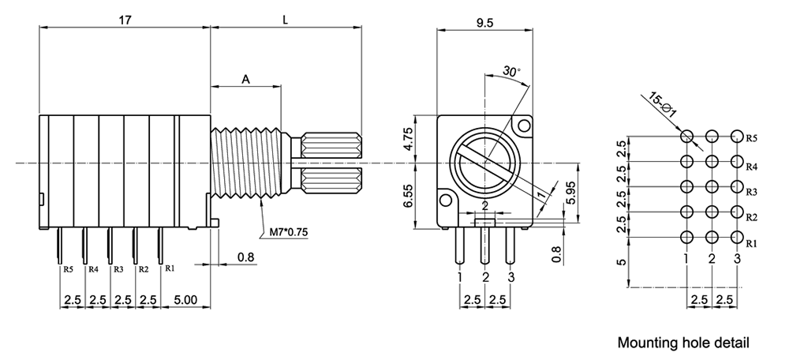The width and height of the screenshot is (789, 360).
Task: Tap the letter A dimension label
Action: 245,79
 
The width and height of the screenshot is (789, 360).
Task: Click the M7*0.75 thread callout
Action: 288,232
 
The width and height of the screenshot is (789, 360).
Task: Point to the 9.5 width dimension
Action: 485,23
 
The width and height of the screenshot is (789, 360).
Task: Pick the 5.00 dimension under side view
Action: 185,301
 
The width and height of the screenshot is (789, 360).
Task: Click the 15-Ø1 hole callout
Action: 662,106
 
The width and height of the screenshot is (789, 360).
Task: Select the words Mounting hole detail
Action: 683,343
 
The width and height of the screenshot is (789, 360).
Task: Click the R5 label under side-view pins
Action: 68,269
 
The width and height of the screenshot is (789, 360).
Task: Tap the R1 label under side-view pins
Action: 169,269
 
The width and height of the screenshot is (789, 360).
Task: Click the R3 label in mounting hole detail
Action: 752,192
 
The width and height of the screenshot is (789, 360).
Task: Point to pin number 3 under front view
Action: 511,277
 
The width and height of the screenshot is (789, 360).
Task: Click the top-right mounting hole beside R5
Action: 737,137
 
